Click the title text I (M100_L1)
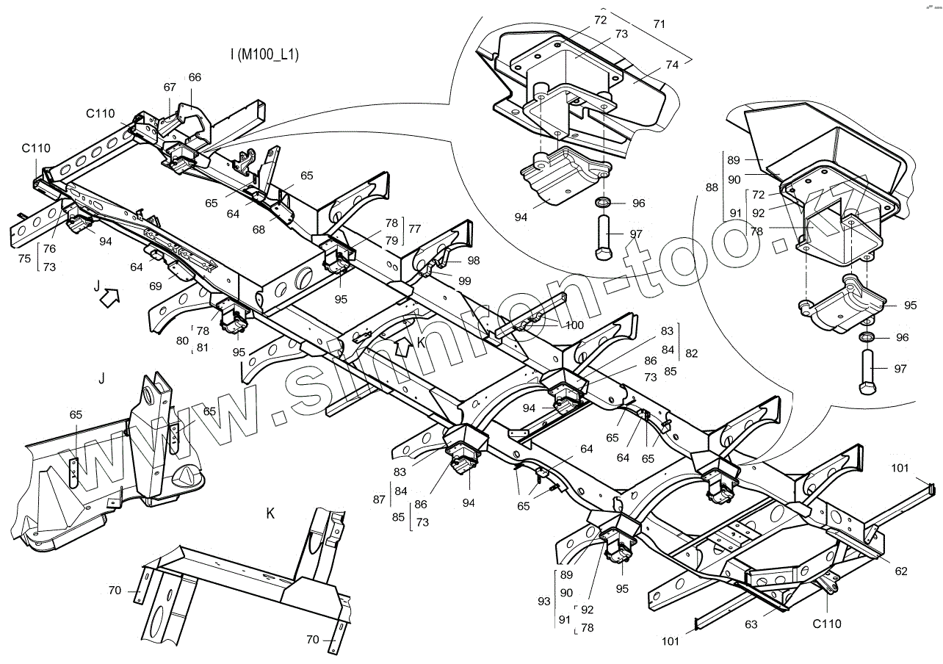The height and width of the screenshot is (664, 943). (x=264, y=54)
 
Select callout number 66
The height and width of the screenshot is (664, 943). (x=195, y=77)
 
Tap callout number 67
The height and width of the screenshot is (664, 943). (x=170, y=87)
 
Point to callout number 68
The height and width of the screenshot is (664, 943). (x=259, y=230)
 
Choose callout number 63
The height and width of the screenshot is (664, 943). (x=751, y=625)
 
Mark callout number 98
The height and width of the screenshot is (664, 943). (x=473, y=261)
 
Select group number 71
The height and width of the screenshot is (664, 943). (x=659, y=24)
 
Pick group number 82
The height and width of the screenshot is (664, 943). (x=691, y=353)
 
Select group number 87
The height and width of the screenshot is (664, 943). (x=378, y=499)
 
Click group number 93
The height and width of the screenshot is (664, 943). (x=544, y=601)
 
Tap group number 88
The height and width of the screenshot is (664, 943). (x=712, y=187)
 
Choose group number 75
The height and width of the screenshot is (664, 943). (x=25, y=259)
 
